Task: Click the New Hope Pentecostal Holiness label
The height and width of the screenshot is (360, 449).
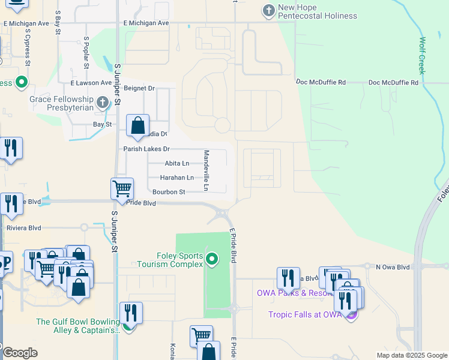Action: pos(318,11)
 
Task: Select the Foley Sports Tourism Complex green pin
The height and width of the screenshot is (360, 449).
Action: pos(211,260)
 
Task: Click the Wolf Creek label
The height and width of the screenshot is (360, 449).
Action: pos(423,55)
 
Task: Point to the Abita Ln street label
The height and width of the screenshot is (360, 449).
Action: pos(176,163)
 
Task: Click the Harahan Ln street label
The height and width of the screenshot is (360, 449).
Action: pos(176,178)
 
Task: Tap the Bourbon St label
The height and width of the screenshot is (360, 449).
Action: pos(169,192)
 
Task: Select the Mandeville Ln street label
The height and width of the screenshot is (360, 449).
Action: pos(205,170)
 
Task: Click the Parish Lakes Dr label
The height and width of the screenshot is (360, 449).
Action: pos(146,149)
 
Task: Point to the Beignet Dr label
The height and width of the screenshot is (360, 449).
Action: pos(139,88)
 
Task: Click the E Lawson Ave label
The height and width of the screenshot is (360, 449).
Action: pos(91,83)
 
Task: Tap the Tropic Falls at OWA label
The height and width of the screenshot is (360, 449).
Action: pos(305,314)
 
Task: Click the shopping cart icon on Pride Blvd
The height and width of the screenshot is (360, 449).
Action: pos(122,188)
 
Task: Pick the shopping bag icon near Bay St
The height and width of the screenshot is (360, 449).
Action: pos(138,126)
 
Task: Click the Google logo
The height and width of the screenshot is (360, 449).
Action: pos(20,353)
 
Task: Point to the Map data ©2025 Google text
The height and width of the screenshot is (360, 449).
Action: pos(412,355)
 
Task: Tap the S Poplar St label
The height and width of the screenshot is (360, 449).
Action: pos(86,51)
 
